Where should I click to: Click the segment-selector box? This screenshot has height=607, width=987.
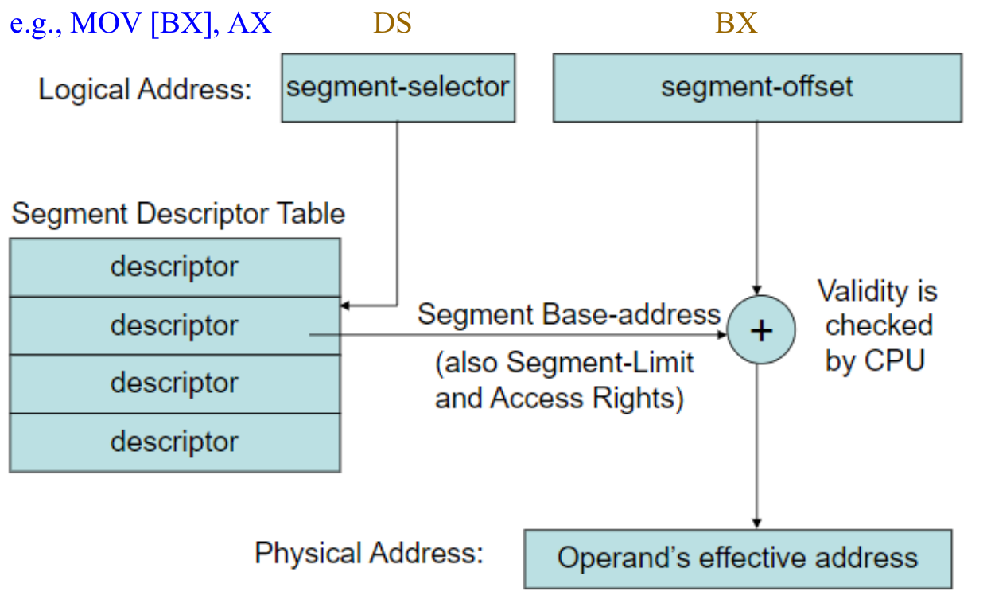coord(398,88)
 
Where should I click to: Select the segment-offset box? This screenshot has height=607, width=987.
coord(756,88)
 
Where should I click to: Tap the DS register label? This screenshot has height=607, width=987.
coord(393,23)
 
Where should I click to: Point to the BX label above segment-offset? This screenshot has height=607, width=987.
coord(736,23)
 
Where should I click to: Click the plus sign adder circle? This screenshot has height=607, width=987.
coord(761,330)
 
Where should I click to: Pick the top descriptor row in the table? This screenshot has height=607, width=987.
coord(174,267)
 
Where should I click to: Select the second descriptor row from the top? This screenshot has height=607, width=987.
coord(174,325)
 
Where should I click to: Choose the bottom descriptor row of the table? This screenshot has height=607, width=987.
coord(174,442)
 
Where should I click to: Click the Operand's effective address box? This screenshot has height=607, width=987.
coord(737,558)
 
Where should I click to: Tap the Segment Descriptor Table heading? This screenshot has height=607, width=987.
coord(178,214)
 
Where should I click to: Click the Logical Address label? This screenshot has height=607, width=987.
coord(145,89)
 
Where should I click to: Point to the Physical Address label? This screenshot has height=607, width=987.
coord(368,553)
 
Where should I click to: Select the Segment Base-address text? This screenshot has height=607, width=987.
coord(569,315)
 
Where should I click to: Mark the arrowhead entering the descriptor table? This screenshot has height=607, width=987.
coord(344,305)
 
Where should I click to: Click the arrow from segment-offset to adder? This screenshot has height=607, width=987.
coord(756,207)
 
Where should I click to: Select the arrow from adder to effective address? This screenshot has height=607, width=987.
coord(756,446)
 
